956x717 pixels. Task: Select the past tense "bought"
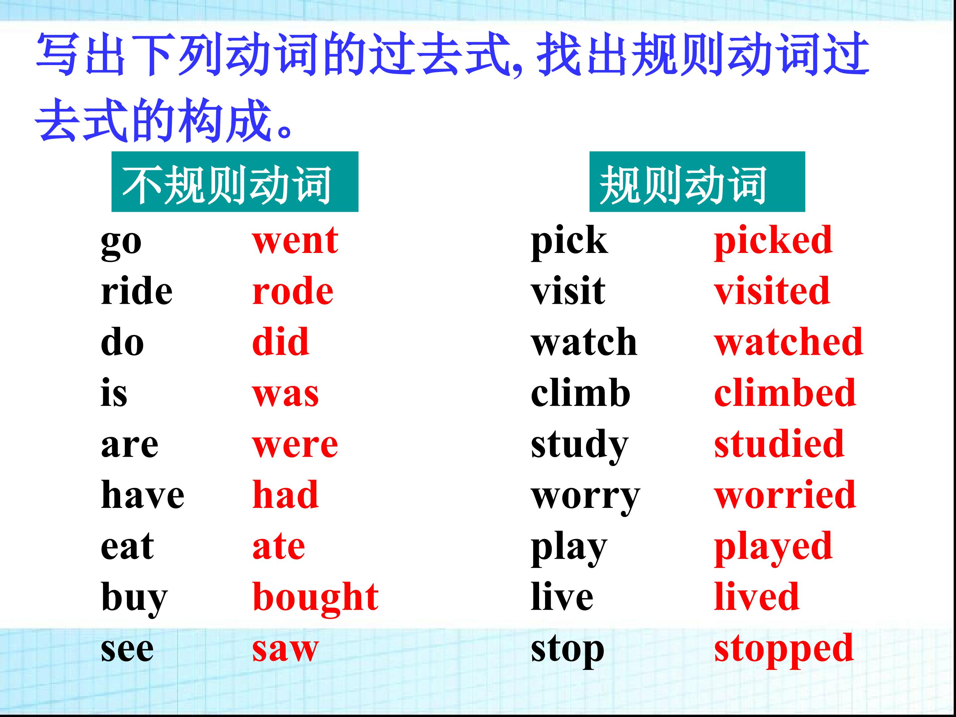pyautogui.click(x=315, y=598)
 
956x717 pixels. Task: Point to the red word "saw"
pyautogui.click(x=285, y=649)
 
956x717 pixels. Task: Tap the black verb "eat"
pyautogui.click(x=127, y=547)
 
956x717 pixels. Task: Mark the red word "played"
pyautogui.click(x=773, y=548)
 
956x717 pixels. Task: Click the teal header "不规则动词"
pyautogui.click(x=235, y=182)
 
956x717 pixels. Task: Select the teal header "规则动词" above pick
pyautogui.click(x=697, y=182)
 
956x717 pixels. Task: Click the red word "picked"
pyautogui.click(x=773, y=242)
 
